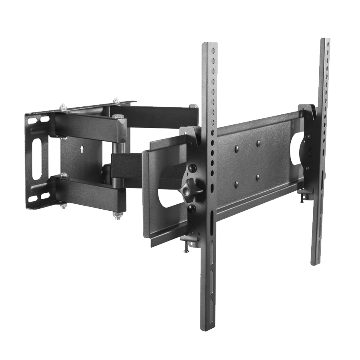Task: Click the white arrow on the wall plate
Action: (82, 149)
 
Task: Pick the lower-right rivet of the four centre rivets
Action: (258, 177)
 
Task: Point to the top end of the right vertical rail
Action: (325, 40)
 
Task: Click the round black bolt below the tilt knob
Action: (191, 208)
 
